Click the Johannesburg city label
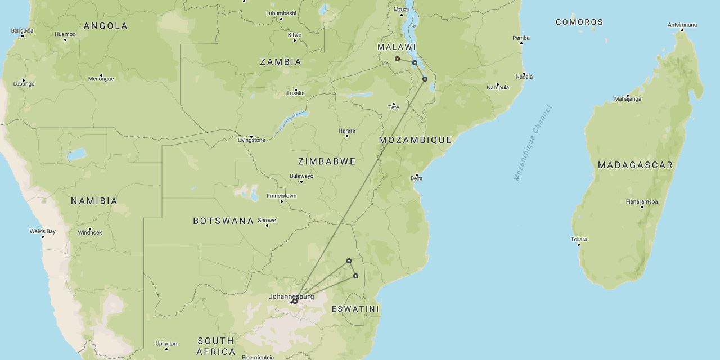point(291,296)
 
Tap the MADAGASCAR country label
point(635,165)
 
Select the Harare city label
point(346,130)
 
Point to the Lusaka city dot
point(296,89)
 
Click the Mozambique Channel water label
point(533,143)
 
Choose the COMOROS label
point(579,22)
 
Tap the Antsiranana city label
point(682,25)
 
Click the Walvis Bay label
point(43,231)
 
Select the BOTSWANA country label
point(223,220)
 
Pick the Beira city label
point(416,178)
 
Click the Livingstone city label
point(251,140)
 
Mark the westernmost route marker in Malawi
point(397,58)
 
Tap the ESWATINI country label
point(355,309)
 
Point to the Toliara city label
point(579,239)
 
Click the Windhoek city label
point(89,232)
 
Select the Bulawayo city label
point(301,176)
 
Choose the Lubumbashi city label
point(281,13)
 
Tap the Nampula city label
point(498,87)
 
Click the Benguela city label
point(22,30)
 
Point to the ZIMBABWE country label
point(327,161)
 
